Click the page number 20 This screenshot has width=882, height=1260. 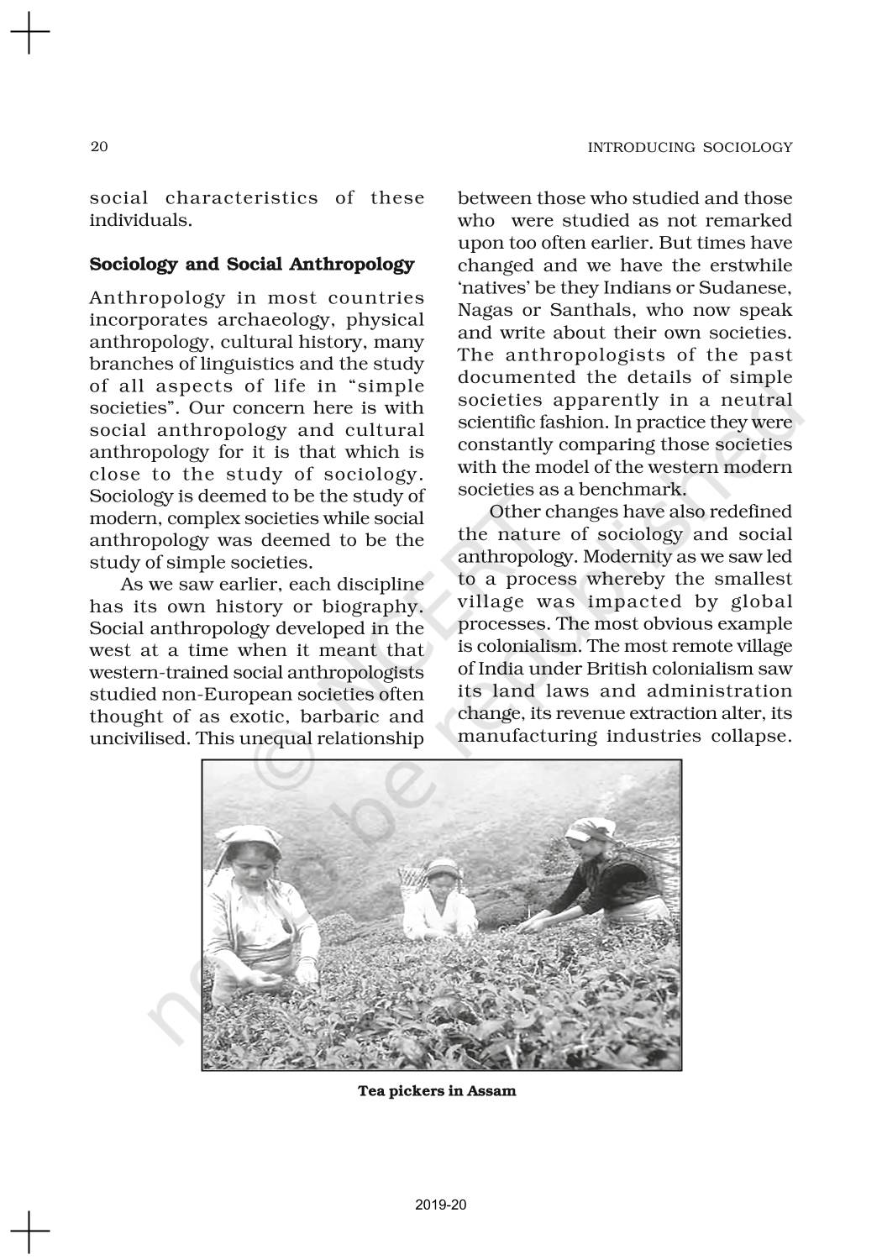click(99, 147)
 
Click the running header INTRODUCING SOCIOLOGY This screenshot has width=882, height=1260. click(690, 148)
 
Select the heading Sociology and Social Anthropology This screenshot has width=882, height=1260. click(252, 265)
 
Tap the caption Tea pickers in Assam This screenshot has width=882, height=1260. click(437, 1091)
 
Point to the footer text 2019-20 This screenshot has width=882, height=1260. click(441, 1205)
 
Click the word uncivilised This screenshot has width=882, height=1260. click(139, 738)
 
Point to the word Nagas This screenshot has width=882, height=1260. click(486, 310)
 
